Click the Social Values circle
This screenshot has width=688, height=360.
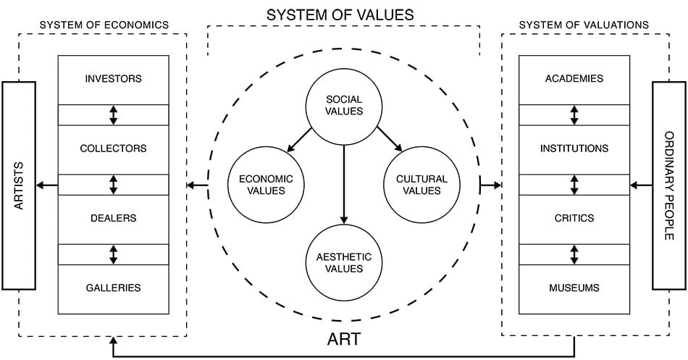click(344, 105)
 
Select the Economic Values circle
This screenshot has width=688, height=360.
click(259, 185)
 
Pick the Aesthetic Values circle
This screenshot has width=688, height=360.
click(344, 262)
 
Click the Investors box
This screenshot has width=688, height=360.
click(113, 79)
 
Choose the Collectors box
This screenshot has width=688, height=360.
click(113, 148)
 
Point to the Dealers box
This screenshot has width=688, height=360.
click(113, 218)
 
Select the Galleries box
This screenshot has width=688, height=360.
click(113, 288)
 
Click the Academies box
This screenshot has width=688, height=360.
click(574, 79)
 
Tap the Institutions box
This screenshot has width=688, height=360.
click(574, 148)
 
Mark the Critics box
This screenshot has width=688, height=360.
click(574, 218)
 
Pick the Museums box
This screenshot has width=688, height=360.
click(574, 288)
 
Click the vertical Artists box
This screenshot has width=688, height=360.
click(19, 185)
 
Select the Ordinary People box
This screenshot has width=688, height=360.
click(668, 185)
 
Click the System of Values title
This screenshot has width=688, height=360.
click(340, 14)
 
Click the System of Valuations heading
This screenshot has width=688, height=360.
click(584, 25)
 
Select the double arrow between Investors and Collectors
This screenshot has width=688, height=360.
click(113, 114)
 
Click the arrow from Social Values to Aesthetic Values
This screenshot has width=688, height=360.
click(344, 181)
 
